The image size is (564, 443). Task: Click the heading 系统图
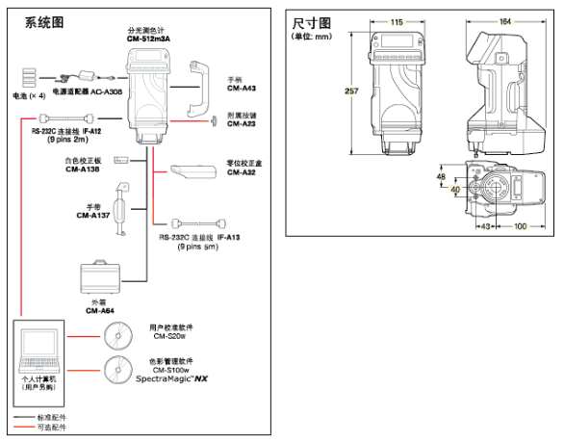(32, 17)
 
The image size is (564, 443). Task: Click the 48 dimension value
(440, 177)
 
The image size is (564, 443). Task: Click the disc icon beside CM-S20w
(117, 334)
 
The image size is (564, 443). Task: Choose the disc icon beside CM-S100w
(117, 371)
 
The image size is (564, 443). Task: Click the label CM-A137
(92, 216)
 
